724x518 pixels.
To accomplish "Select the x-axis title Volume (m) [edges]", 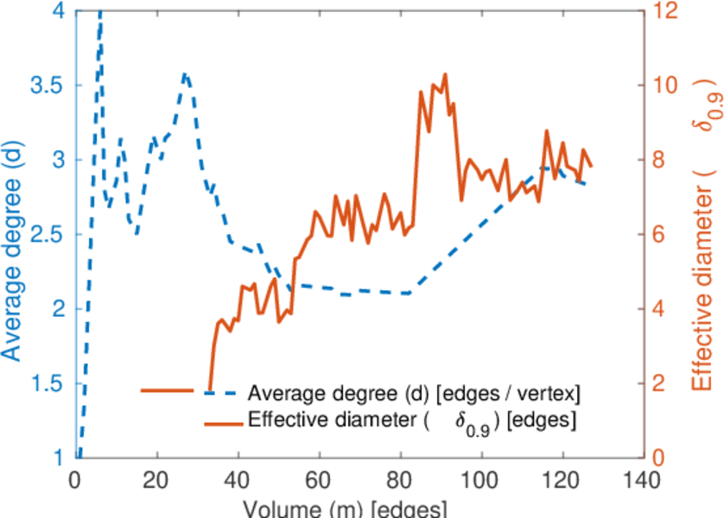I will [345, 508].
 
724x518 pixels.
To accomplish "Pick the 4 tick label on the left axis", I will [58, 12].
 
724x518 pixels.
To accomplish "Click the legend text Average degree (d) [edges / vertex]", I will [414, 394].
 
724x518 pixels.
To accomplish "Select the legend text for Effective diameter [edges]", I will [412, 422].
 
